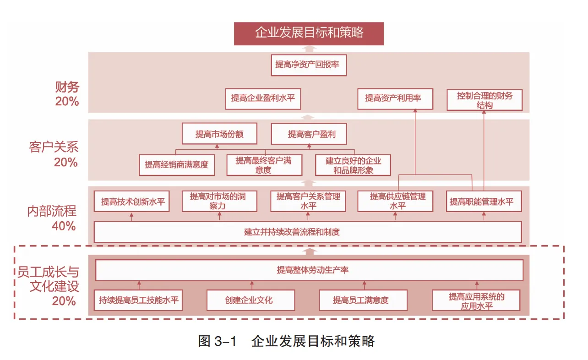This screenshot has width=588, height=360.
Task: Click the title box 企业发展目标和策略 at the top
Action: (309, 33)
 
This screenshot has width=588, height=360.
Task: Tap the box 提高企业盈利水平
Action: (263, 98)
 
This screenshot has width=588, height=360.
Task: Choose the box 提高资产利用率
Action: (395, 98)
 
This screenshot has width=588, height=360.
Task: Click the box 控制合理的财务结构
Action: (485, 100)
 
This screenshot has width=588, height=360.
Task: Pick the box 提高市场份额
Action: (219, 134)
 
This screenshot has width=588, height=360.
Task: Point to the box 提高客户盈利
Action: (309, 134)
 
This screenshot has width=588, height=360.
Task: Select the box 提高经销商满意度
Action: (176, 164)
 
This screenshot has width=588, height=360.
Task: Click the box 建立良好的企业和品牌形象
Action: (353, 165)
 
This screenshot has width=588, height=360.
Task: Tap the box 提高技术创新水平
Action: (131, 202)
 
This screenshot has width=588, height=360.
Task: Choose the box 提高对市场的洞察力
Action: (219, 201)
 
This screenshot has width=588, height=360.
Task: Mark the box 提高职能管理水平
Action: (484, 202)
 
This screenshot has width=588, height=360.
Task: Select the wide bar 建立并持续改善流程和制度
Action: (307, 232)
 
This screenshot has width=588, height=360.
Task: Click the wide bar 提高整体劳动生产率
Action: (309, 270)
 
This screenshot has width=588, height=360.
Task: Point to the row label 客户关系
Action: (54, 147)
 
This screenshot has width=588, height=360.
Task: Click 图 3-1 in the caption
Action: (217, 341)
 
